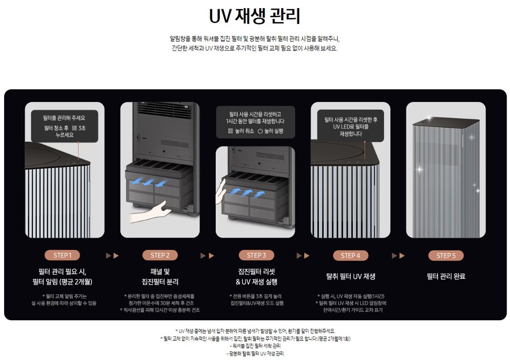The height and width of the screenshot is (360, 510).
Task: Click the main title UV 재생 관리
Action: tap(254, 16)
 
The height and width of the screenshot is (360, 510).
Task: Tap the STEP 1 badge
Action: tap(62, 255)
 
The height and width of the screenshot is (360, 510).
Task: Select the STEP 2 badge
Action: tap(160, 255)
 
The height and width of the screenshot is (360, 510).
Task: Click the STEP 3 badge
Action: tap(257, 255)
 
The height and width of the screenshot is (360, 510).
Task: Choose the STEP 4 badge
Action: tap(350, 255)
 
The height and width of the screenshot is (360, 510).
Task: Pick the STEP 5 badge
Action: tap(446, 255)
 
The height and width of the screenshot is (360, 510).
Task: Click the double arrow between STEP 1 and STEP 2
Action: tap(112, 255)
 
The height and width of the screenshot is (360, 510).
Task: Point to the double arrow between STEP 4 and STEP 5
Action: tap(398, 255)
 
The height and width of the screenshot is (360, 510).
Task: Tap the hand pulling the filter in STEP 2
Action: tap(150, 212)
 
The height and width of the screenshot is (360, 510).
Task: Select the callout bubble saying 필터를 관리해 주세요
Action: tap(64, 126)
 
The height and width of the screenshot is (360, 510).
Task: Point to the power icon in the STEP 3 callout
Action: tap(260, 131)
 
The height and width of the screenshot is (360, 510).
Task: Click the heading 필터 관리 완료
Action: tap(446, 276)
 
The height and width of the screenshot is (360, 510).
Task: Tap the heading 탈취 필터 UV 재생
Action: tap(351, 276)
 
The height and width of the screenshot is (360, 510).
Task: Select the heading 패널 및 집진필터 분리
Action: tap(160, 276)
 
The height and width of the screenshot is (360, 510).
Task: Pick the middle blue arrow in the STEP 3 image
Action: tap(247, 192)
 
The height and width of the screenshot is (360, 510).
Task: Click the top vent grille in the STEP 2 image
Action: tap(165, 111)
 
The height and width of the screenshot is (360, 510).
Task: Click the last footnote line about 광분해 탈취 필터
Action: tap(255, 353)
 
